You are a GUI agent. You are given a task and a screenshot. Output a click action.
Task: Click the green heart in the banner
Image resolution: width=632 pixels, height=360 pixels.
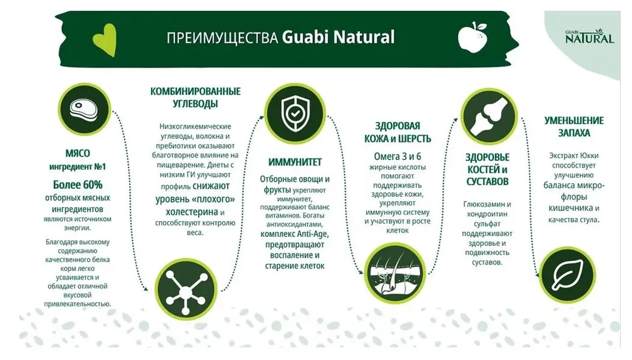click(x=105, y=39)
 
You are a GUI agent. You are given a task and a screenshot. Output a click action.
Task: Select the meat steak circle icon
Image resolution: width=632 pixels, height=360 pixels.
click(x=84, y=109)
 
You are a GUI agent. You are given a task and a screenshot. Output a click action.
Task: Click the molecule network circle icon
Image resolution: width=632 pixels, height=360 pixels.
click(x=186, y=289)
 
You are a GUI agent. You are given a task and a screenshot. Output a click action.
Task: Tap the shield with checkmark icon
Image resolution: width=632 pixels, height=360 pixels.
click(x=295, y=113)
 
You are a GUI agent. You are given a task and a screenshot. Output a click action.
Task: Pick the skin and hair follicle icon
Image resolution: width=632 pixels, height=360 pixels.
click(x=395, y=273)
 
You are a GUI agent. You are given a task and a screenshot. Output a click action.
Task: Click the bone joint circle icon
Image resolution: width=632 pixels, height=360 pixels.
click(x=489, y=117)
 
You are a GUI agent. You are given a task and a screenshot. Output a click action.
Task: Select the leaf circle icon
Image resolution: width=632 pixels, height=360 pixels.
click(x=567, y=275)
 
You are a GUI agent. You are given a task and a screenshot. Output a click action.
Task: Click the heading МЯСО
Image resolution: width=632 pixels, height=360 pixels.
click(x=77, y=153)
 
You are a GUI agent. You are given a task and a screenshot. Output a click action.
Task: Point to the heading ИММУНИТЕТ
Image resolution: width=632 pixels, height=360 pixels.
click(x=295, y=162)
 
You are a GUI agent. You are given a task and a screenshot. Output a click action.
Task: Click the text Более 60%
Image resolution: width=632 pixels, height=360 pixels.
click(x=78, y=185)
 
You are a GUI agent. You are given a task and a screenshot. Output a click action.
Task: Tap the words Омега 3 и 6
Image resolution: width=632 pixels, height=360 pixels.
click(x=398, y=156)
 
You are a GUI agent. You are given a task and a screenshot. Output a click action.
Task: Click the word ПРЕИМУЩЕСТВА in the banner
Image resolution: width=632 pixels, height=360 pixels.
click(x=222, y=38)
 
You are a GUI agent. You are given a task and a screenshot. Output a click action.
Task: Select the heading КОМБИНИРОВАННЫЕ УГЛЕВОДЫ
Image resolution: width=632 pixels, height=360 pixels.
click(x=195, y=97)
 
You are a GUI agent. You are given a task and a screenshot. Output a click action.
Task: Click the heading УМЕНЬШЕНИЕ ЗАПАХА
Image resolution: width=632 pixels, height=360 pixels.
click(x=574, y=126)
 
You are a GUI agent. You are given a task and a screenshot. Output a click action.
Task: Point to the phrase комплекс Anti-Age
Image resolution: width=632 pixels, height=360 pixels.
click(x=295, y=234)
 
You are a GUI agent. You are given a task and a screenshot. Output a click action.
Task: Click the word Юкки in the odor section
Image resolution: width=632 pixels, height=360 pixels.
click(x=589, y=156)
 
